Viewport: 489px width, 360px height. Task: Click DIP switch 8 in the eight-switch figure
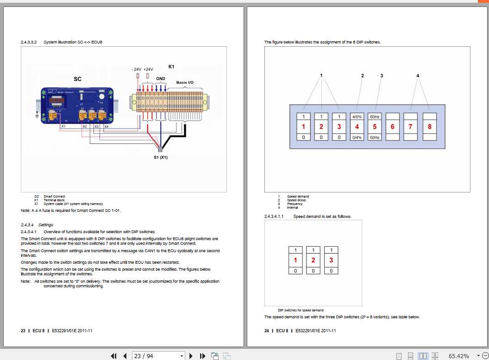429,127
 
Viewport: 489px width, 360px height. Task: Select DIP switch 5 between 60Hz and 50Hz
375,127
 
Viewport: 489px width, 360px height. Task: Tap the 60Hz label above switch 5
375,117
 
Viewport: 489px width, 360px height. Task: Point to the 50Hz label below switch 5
375,137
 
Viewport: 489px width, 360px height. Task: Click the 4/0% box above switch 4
357,117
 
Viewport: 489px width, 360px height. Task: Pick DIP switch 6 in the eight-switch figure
393,127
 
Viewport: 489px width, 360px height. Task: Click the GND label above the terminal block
161,79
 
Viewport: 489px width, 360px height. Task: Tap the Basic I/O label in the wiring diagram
185,82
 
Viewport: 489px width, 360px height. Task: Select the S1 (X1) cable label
161,157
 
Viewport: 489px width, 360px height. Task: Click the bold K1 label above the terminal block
171,67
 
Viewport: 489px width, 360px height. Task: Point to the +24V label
148,69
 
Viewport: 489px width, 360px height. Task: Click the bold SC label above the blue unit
77,79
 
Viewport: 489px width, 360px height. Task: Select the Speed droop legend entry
296,200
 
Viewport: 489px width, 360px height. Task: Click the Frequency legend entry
295,204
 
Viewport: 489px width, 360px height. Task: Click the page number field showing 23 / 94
157,356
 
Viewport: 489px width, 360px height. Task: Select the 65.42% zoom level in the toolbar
458,356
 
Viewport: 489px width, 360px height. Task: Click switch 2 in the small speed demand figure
313,261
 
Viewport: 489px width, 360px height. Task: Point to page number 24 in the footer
266,331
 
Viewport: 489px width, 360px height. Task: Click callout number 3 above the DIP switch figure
382,75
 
